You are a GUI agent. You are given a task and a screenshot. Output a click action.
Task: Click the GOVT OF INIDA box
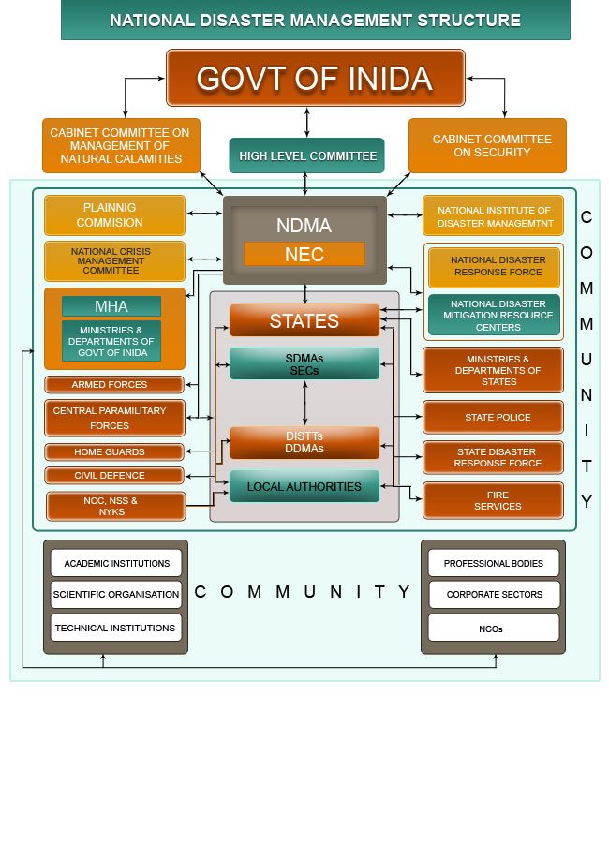tap(315, 78)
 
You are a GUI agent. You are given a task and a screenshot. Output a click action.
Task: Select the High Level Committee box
tap(307, 155)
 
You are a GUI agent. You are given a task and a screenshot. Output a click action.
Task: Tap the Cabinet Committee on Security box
tap(487, 145)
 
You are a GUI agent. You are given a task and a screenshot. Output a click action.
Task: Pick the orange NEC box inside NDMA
tap(304, 254)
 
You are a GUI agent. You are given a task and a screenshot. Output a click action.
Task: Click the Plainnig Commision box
tap(114, 215)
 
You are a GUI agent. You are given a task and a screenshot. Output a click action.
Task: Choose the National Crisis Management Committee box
tap(114, 261)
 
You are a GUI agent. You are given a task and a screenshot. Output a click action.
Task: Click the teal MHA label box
tap(111, 306)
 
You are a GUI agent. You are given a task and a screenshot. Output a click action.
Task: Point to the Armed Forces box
tap(114, 385)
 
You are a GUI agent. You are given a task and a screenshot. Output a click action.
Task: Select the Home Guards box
tap(114, 452)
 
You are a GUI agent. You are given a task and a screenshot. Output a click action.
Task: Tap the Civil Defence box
tap(114, 475)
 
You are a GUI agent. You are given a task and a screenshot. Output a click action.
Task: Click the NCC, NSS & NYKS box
tap(114, 506)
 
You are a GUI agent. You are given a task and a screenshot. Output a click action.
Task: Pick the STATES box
tap(304, 320)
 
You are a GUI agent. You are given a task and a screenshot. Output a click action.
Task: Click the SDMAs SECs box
tap(304, 363)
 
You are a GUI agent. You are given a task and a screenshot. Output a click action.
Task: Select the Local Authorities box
tap(304, 487)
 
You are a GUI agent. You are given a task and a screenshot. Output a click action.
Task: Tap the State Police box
tap(494, 417)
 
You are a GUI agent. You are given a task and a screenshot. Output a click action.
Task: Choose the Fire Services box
tap(494, 500)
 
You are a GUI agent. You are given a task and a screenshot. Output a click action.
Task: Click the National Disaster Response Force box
tap(494, 267)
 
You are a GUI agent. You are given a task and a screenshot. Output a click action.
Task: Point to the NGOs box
tap(494, 628)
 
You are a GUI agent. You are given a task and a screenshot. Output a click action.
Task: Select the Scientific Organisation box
tap(116, 594)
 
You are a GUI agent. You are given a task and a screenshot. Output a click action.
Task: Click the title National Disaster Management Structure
tap(315, 20)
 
